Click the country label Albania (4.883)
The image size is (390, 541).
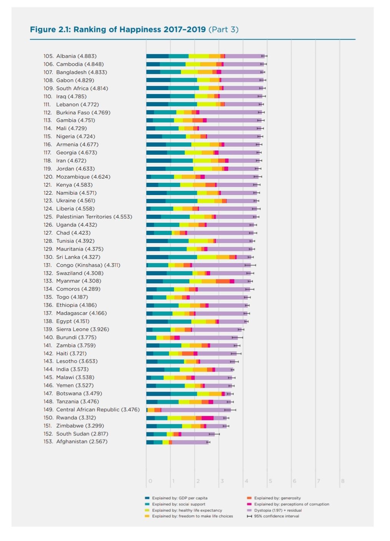[76, 56]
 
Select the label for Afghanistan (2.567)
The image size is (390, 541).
[82, 442]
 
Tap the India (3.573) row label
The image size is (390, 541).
[72, 369]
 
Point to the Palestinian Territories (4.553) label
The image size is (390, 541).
[94, 217]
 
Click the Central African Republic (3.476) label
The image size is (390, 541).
[98, 410]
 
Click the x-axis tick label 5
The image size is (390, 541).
[270, 481]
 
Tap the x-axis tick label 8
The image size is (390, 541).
[343, 481]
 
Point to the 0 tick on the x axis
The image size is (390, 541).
[150, 481]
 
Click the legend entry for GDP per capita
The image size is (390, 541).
[179, 498]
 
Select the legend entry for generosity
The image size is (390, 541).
[277, 498]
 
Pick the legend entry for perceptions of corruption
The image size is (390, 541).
[291, 504]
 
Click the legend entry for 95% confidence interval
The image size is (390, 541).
[276, 516]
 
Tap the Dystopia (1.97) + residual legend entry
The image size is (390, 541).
[278, 510]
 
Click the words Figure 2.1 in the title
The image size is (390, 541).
[50, 30]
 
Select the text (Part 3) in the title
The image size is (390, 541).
[223, 30]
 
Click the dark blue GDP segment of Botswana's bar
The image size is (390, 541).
[158, 394]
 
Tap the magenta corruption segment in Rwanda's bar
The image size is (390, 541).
[207, 418]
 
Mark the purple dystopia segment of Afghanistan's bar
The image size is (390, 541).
[190, 442]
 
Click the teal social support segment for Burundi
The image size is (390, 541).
[151, 338]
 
